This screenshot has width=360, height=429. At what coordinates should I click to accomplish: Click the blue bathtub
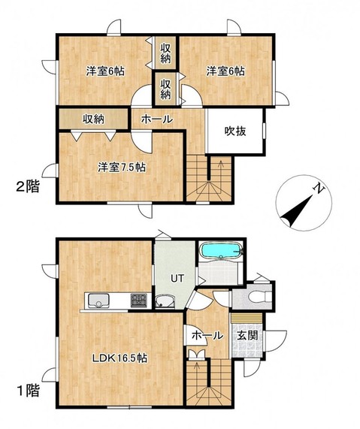click(x=221, y=250)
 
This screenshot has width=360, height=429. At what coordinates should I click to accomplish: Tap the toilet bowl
click(x=258, y=297)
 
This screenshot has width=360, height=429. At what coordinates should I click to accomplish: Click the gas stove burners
click(x=139, y=300)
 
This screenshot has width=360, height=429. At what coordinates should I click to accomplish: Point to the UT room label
click(x=177, y=278)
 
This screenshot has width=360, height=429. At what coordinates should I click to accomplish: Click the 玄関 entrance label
click(x=247, y=335)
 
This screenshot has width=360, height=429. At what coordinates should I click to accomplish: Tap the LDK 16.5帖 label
click(x=119, y=358)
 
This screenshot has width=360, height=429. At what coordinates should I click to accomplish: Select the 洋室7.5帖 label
click(x=122, y=168)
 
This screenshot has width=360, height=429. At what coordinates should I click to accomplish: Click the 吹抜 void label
click(x=235, y=131)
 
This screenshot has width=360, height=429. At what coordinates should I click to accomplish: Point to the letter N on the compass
click(x=319, y=189)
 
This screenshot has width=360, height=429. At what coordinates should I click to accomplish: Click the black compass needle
click(x=297, y=210)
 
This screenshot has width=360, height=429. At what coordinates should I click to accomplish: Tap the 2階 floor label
click(x=28, y=186)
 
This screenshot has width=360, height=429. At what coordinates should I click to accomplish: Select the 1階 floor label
click(x=29, y=391)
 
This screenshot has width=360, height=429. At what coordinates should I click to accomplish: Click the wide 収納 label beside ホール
click(x=94, y=119)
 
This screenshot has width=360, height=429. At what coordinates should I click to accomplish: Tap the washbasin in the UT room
click(x=165, y=301)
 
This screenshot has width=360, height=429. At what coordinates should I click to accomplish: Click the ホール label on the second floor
click(x=157, y=119)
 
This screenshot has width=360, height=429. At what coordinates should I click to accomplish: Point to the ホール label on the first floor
click(x=207, y=335)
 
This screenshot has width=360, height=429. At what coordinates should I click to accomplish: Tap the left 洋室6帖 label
click(x=105, y=71)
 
